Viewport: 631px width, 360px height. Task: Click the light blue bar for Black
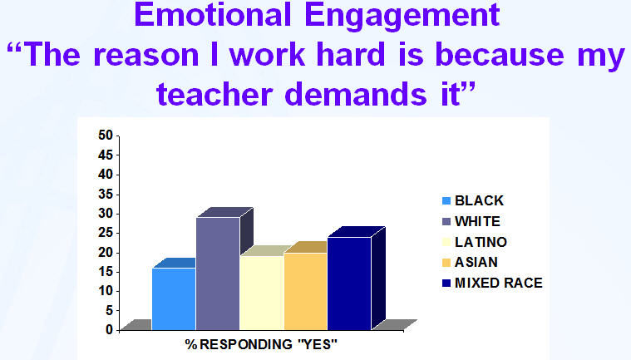point(174,298)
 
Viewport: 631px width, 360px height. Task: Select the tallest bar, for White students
point(218,274)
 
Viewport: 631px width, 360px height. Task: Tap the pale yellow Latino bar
point(262,293)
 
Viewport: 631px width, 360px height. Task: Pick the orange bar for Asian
point(306,291)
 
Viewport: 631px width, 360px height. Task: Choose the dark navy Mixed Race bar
point(349,284)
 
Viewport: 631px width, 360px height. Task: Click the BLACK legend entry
point(472,200)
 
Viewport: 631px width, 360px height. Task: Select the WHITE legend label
point(471,221)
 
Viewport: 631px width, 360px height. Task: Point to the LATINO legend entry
point(474,242)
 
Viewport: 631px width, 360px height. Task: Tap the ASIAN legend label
point(470,262)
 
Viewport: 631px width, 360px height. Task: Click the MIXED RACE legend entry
point(492,283)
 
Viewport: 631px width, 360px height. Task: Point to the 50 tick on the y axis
point(106,136)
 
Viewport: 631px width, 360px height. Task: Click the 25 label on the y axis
point(106,233)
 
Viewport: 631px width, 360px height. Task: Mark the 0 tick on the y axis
point(110,330)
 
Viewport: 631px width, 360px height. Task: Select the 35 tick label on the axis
point(106,195)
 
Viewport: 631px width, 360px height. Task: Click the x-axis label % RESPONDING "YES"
point(261,344)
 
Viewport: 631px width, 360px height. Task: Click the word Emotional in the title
point(213,15)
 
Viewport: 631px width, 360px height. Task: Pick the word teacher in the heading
point(214,94)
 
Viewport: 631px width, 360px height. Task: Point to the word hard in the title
point(351,54)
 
